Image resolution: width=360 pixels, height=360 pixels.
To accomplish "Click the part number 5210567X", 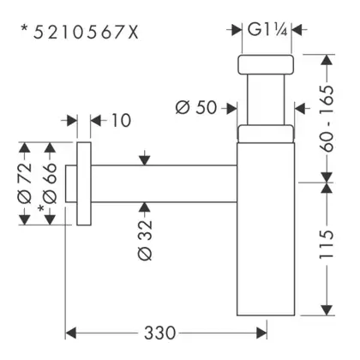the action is [x=86, y=32].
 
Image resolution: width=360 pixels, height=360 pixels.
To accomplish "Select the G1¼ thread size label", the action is [x=267, y=29].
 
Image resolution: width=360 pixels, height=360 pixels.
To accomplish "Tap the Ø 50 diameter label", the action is [x=196, y=108].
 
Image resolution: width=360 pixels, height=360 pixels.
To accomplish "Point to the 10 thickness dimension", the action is [x=121, y=120].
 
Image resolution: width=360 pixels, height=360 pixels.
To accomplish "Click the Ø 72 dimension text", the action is [x=25, y=183].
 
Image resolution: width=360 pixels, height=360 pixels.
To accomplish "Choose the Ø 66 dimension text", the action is [x=50, y=183].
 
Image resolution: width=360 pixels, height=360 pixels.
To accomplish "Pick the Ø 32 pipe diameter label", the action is [x=145, y=240].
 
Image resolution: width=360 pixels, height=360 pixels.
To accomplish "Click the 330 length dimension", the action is [x=159, y=333].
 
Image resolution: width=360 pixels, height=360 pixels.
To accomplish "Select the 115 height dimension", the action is [x=327, y=244].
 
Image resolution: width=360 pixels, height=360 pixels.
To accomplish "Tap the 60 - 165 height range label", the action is [x=327, y=118].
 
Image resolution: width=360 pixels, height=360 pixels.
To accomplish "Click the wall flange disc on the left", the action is [x=84, y=183].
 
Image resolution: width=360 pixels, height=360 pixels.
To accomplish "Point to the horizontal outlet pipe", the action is [x=164, y=183].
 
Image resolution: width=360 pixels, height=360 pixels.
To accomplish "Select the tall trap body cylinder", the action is [x=266, y=229].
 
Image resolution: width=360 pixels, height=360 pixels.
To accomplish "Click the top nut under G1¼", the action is [x=266, y=64].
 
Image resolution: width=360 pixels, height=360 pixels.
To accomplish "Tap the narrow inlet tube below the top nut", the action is [x=266, y=100].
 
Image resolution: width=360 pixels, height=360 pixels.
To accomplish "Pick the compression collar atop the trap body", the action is [x=266, y=134].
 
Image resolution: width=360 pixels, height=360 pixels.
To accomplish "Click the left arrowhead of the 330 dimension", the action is [x=71, y=333].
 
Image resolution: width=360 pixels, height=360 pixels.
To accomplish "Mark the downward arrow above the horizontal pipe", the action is [x=145, y=158].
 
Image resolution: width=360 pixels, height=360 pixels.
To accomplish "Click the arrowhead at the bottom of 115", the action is [x=327, y=310].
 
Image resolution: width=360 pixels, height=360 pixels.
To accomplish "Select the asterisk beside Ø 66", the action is [x=41, y=208].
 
